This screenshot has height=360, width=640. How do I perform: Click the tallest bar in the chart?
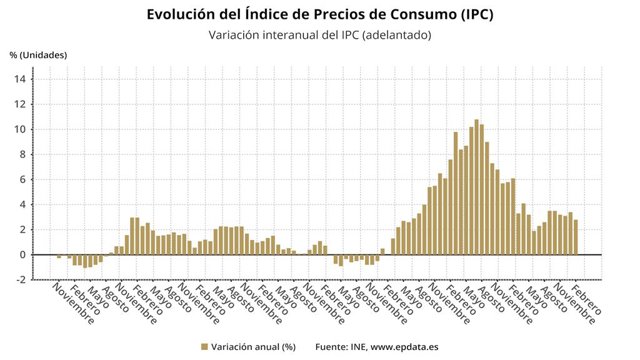pyautogui.click(x=476, y=187)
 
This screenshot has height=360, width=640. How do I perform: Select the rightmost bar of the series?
pyautogui.click(x=576, y=238)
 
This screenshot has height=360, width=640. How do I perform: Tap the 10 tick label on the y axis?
pyautogui.click(x=20, y=129)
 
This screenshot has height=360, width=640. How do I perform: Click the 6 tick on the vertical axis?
pyautogui.click(x=22, y=180)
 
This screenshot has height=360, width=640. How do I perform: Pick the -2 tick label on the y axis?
pyautogui.click(x=20, y=280)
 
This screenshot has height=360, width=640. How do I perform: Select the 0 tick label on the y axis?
pyautogui.click(x=22, y=255)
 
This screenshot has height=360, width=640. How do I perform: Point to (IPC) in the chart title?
pyautogui.click(x=477, y=14)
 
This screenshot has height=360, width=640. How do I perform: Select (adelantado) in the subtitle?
pyautogui.click(x=397, y=35)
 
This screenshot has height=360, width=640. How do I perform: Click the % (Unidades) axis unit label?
pyautogui.click(x=38, y=55)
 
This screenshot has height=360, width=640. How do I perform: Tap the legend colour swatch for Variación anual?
pyautogui.click(x=204, y=347)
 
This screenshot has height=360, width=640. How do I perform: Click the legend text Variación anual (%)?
pyautogui.click(x=253, y=347)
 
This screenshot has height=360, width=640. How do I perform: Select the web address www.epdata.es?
pyautogui.click(x=404, y=347)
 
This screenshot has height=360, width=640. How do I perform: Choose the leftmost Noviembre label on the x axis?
pyautogui.click(x=73, y=304)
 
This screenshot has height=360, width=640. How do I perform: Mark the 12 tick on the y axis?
pyautogui.click(x=20, y=104)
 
